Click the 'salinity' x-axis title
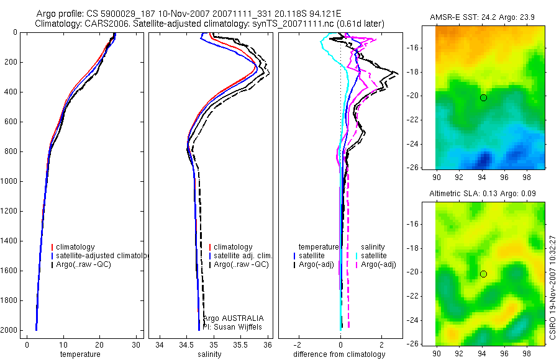[x=209, y=354]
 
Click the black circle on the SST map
[x=483, y=97]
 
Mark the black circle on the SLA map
[x=483, y=274]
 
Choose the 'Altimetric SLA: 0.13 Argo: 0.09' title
[x=489, y=194]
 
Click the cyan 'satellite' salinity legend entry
[x=374, y=256]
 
